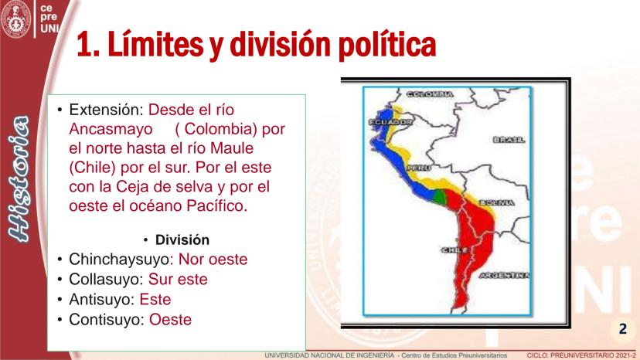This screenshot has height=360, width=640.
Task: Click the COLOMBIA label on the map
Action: point(430,94)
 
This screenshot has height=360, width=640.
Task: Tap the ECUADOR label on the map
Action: point(390,122)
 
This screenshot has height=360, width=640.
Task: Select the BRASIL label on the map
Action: point(509,140)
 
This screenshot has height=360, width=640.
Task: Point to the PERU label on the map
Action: point(419,168)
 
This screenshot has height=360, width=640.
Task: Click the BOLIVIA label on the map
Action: point(496,203)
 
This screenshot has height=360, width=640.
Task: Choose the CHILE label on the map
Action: point(454,250)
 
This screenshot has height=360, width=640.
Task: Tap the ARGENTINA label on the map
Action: point(505,276)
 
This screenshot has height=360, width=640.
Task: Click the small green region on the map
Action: point(439,197)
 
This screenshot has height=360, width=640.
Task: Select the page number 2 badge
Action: point(622,329)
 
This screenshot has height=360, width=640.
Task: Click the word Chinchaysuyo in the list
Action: point(118,260)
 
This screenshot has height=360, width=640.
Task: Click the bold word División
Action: point(182,240)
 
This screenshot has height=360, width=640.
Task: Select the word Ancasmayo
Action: point(111,129)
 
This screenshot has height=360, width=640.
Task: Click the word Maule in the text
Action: point(231,148)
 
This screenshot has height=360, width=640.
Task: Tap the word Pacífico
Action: point(216,205)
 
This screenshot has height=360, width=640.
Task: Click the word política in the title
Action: point(387,45)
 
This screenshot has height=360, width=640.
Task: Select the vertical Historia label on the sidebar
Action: point(19,178)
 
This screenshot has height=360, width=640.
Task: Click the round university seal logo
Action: point(16,19)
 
